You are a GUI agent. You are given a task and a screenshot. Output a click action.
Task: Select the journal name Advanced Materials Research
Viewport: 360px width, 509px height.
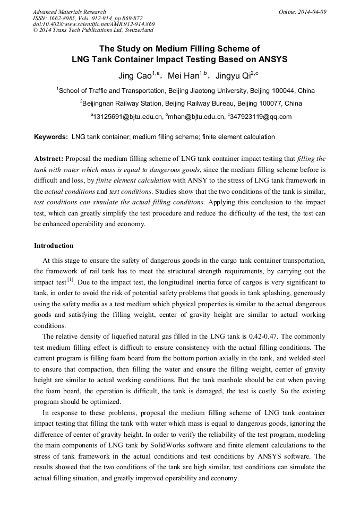[69, 12]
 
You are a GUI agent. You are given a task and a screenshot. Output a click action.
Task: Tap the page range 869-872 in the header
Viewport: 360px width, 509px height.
[127, 18]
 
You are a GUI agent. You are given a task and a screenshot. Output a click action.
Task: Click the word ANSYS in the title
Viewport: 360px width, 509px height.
[270, 59]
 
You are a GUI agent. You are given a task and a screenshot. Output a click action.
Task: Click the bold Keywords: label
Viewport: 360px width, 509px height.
[51, 137]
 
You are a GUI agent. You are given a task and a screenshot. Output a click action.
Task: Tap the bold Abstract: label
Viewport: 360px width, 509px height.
[49, 159]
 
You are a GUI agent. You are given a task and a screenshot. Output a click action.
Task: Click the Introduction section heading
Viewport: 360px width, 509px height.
[54, 246]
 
